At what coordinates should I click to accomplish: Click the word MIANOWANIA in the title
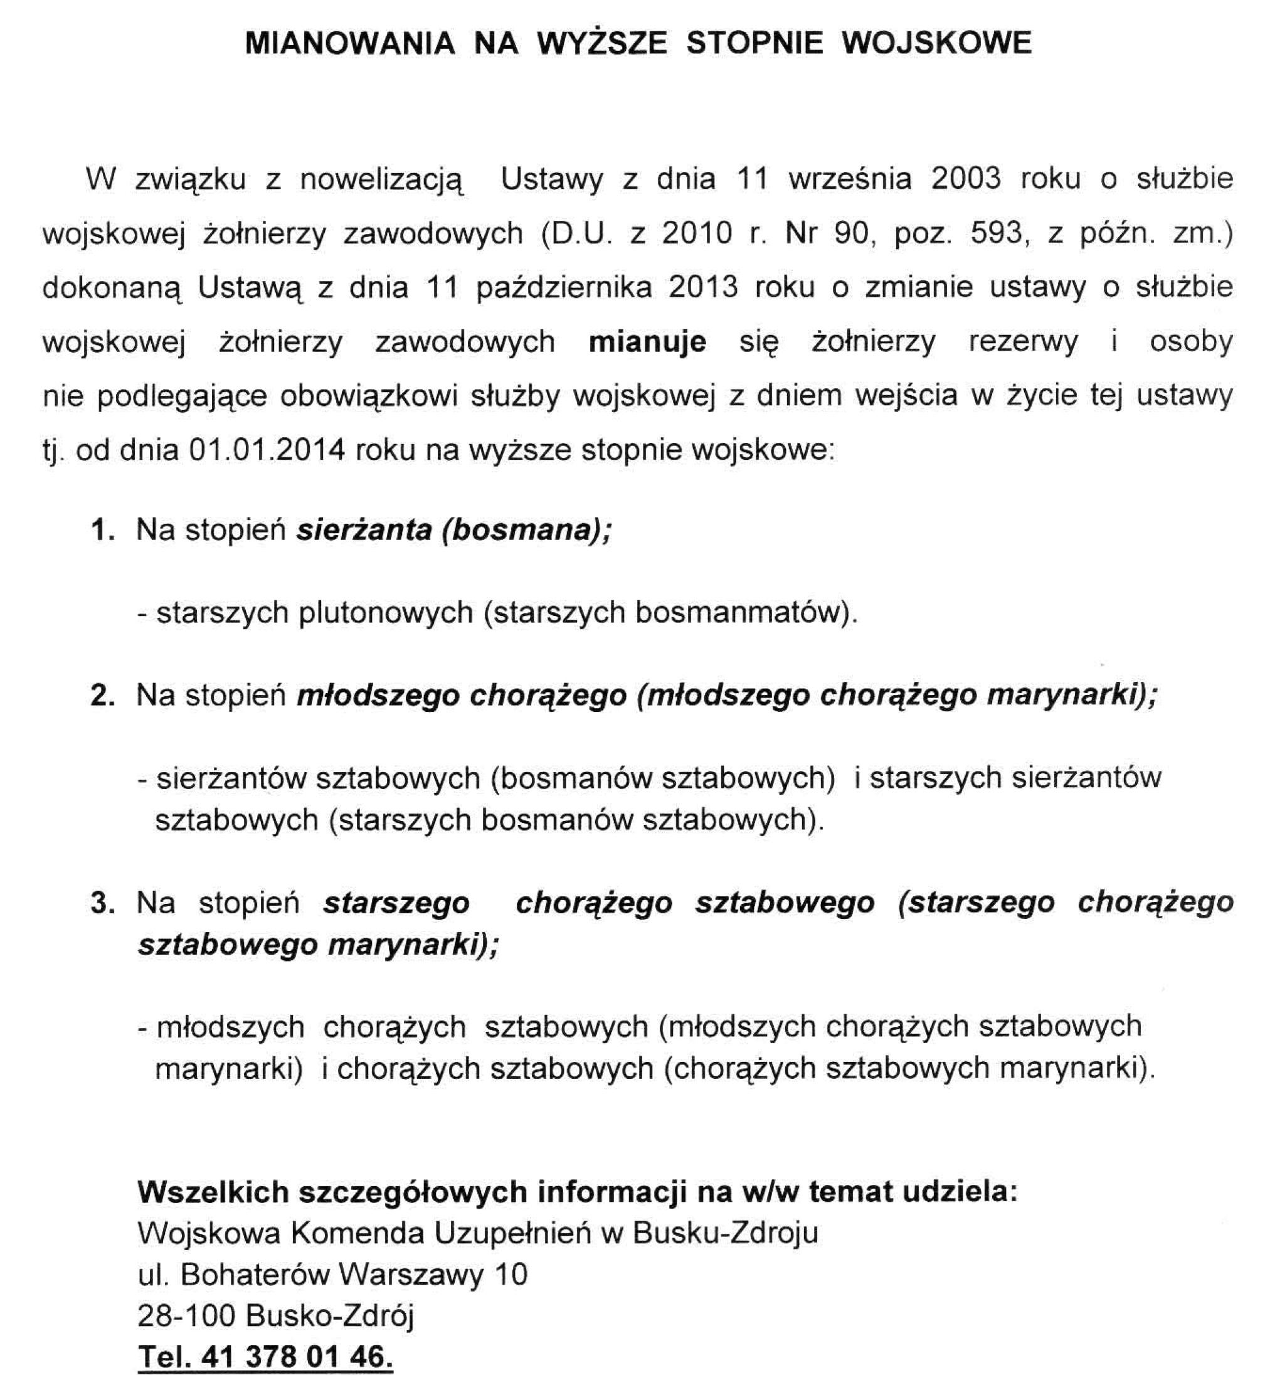(x=349, y=43)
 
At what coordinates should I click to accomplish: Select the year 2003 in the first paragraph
(x=966, y=179)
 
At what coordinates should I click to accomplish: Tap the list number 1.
(x=102, y=529)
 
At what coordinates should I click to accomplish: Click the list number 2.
(x=102, y=696)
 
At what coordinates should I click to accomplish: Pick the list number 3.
(x=102, y=903)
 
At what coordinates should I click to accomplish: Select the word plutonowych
(x=386, y=613)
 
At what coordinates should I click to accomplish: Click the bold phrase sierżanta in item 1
(x=364, y=529)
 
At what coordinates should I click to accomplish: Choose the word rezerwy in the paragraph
(x=1022, y=341)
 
